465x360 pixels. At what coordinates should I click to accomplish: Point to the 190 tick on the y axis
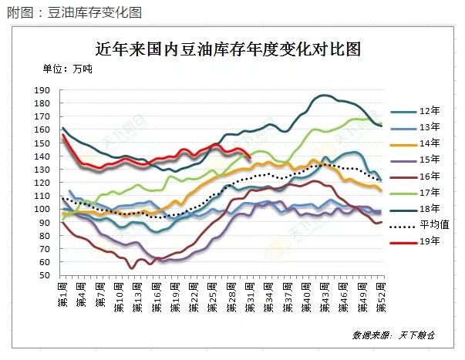point(43,91)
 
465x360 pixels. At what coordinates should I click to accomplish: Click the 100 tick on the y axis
point(43,209)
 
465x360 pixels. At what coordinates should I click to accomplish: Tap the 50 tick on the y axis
point(46,275)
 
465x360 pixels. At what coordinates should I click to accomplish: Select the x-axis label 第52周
point(379,295)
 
